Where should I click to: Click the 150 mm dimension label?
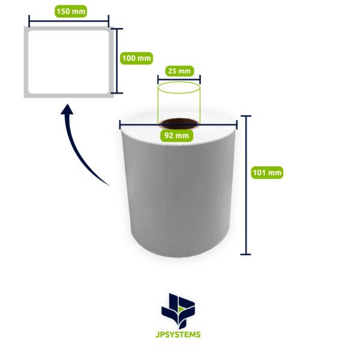click(x=71, y=11)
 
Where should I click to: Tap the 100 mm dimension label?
click(x=136, y=58)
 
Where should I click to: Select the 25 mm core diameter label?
click(x=179, y=71)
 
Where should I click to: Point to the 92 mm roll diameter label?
click(x=176, y=136)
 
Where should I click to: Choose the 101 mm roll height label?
click(x=267, y=172)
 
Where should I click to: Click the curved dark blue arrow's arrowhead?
click(x=67, y=109)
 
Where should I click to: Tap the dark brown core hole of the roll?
click(x=179, y=124)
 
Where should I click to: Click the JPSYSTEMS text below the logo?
click(x=178, y=335)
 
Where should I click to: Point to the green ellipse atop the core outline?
click(x=179, y=88)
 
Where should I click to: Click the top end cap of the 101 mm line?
click(x=245, y=116)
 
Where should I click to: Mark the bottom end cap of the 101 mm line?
click(x=245, y=254)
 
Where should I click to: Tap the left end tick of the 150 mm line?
click(x=29, y=21)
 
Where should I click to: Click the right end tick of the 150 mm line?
click(x=109, y=21)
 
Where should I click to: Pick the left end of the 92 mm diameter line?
click(x=120, y=125)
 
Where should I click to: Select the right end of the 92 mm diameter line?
click(x=237, y=125)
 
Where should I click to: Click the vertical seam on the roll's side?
click(x=167, y=200)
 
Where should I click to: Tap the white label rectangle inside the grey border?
click(x=68, y=62)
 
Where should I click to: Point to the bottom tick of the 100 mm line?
click(x=117, y=93)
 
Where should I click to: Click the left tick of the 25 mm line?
click(x=158, y=80)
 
